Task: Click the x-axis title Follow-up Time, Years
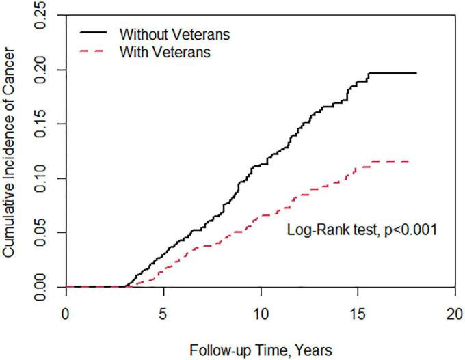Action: [x=261, y=350]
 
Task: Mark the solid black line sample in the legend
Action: [x=94, y=32]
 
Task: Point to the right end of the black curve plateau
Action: [x=416, y=73]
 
